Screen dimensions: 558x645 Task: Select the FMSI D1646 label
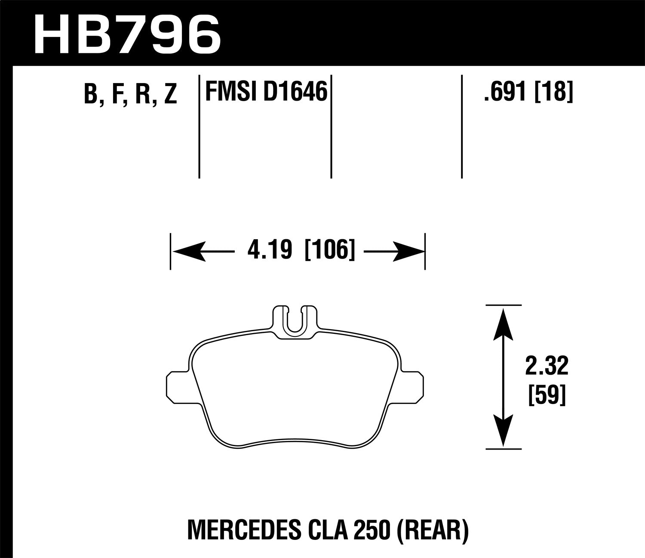click(266, 92)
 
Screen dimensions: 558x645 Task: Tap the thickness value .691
click(505, 92)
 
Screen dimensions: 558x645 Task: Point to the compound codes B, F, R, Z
click(130, 94)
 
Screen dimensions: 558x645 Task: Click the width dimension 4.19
click(269, 250)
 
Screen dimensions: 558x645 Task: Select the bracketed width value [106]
click(330, 250)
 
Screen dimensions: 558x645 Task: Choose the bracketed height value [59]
click(546, 395)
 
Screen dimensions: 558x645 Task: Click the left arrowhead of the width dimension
click(187, 251)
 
